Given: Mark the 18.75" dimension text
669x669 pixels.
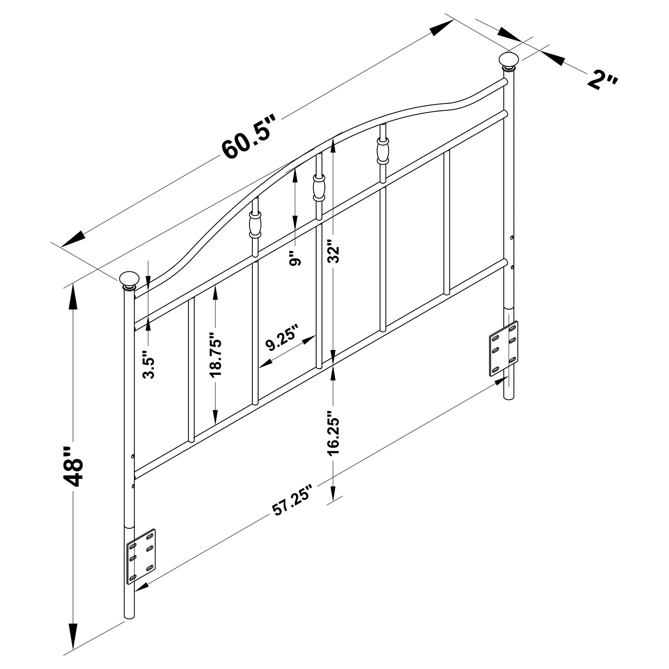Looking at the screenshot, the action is [215, 354].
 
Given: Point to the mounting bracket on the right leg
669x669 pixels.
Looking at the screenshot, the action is [504, 349].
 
